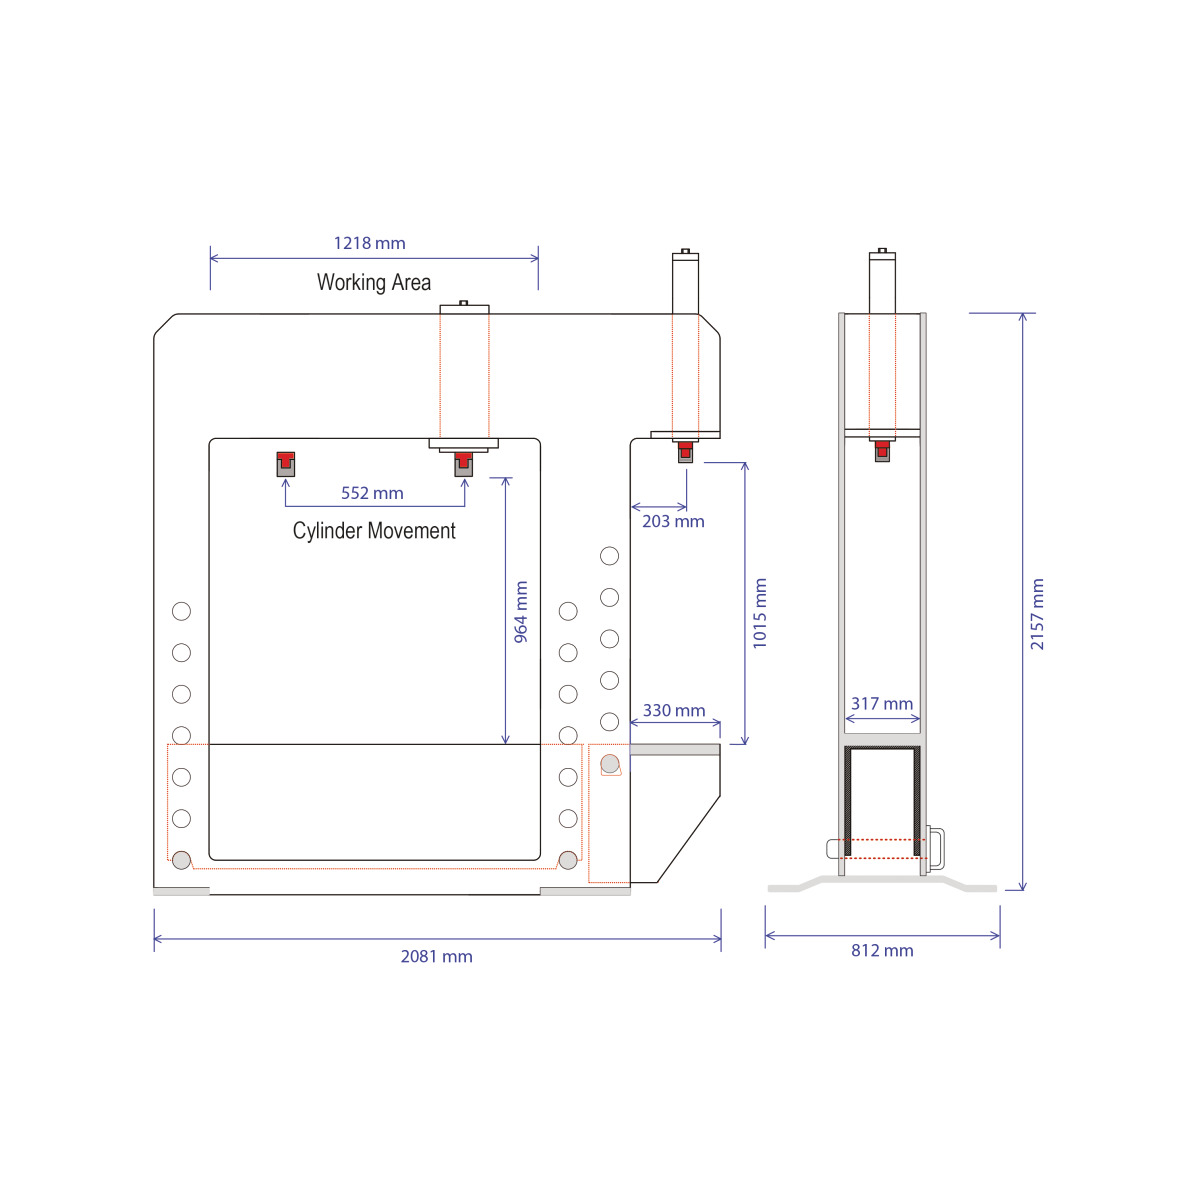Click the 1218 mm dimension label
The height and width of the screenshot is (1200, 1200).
[x=369, y=243]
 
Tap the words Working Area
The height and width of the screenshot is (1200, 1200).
[x=374, y=282]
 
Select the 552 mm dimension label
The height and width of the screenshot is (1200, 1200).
[x=372, y=493]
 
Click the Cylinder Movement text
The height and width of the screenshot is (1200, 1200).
[x=374, y=531]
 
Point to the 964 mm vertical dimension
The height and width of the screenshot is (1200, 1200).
[x=521, y=612]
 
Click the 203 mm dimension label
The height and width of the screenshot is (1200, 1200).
[x=673, y=521]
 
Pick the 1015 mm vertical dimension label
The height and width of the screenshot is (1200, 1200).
[x=760, y=613]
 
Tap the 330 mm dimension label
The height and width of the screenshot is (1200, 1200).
[x=674, y=711]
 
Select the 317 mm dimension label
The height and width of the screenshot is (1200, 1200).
[x=882, y=704]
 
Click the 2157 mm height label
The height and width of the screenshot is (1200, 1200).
[x=1037, y=614]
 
